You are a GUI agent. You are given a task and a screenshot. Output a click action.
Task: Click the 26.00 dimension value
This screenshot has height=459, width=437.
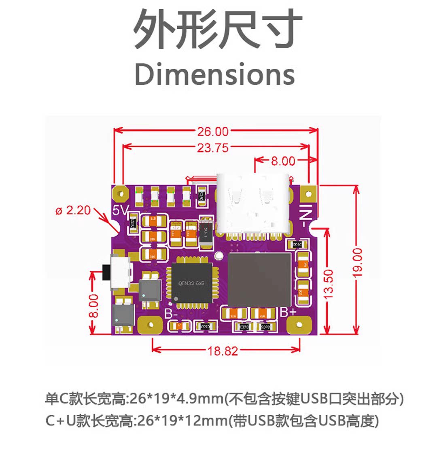point(213,131)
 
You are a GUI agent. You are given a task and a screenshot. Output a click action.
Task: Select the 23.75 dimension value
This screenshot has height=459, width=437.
point(213,148)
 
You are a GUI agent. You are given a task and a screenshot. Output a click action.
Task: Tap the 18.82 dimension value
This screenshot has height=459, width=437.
point(223,351)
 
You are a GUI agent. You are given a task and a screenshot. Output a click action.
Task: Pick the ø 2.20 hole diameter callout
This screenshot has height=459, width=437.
point(73,210)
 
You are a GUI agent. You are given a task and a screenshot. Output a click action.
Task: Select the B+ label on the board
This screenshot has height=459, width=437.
point(288,312)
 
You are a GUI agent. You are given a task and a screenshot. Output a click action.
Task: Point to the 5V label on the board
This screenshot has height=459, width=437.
point(121,210)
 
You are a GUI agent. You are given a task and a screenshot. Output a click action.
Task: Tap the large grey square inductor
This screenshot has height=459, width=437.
point(259,279)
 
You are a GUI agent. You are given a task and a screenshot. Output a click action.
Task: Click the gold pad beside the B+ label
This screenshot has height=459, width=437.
point(300,325)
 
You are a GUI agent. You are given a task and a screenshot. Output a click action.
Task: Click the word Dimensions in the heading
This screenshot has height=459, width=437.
point(214,74)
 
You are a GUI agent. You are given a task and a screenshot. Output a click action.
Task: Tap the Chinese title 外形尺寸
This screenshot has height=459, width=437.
point(218,30)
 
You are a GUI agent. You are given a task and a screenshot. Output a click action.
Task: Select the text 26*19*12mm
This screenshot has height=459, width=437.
point(182,421)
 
